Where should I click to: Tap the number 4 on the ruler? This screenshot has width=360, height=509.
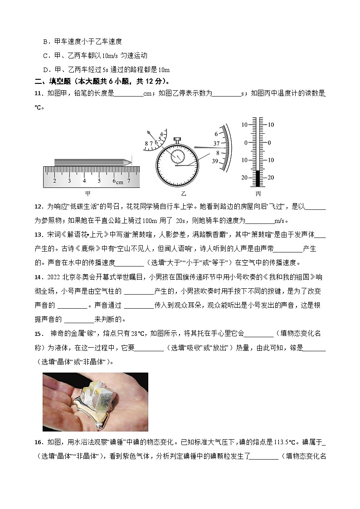[x=84, y=181]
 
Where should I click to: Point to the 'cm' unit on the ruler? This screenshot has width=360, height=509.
[x=119, y=182]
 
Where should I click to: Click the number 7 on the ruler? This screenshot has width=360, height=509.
[x=129, y=181]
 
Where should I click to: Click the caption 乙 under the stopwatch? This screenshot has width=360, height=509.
[x=184, y=194]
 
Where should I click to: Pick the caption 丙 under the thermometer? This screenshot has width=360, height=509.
[x=258, y=194]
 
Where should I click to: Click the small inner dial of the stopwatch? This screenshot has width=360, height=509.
[x=177, y=156]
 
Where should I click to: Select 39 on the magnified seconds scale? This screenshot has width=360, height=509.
[x=216, y=161]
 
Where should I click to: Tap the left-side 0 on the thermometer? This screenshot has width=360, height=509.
[x=246, y=142]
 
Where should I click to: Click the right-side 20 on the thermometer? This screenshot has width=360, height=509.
[x=271, y=178]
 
